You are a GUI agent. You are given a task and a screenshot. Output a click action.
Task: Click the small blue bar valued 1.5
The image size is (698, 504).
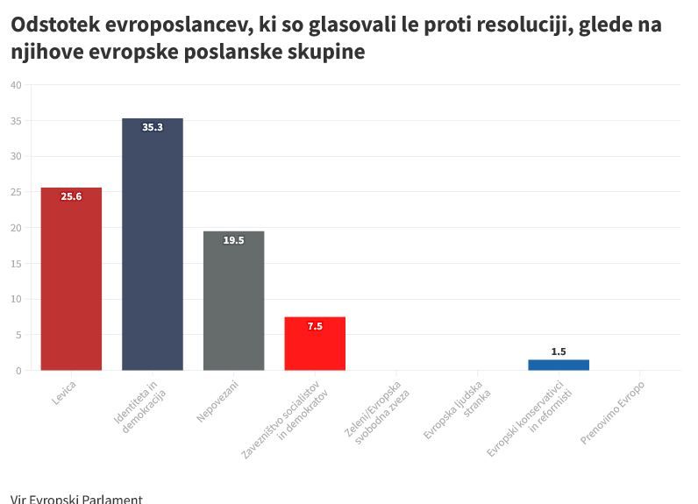tap(559, 365)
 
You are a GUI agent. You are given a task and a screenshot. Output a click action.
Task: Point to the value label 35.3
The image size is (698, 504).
tap(153, 127)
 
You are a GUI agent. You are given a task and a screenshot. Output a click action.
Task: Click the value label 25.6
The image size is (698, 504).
tap(71, 197)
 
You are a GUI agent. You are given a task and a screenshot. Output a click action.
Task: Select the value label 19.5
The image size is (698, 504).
tap(233, 240)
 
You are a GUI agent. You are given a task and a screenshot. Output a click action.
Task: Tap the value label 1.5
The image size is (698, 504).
tap(559, 351)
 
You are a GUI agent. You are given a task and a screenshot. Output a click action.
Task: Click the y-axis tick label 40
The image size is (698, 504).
tap(16, 85)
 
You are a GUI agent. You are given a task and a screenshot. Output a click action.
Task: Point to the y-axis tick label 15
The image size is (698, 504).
tap(16, 263)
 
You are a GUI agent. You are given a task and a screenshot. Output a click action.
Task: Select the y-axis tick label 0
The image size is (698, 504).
tap(18, 371)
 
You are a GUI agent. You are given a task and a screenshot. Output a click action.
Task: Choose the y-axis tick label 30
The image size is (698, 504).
tap(16, 156)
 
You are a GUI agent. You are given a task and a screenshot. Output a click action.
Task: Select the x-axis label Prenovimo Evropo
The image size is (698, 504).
tap(613, 412)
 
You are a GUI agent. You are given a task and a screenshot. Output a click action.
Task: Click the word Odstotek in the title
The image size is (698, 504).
tap(53, 25)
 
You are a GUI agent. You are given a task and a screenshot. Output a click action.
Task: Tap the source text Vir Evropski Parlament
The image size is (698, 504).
tap(76, 499)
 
